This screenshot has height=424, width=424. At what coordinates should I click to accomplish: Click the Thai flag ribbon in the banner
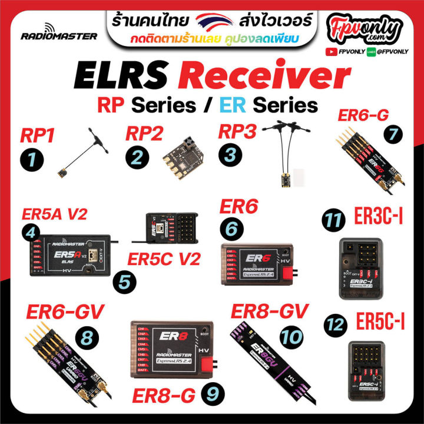click(211, 25)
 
